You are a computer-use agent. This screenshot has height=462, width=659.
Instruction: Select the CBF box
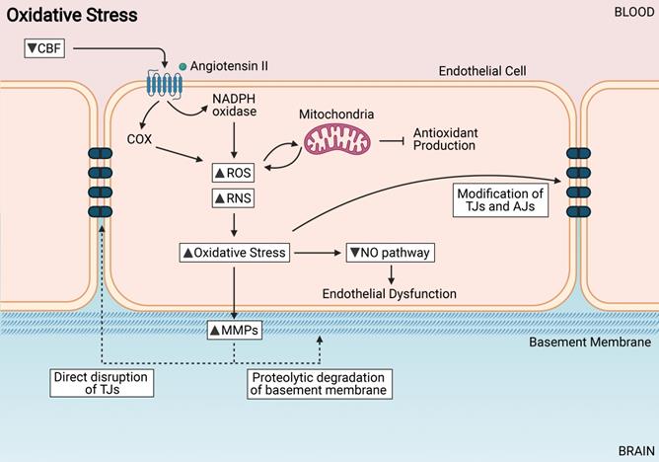[x=45, y=47]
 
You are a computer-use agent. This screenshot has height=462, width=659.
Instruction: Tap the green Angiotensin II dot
[x=183, y=66]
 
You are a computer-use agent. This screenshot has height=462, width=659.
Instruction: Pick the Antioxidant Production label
[x=444, y=138]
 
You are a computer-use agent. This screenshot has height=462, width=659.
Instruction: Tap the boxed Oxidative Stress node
[x=235, y=253]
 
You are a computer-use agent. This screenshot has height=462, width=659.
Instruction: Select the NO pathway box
[x=390, y=253]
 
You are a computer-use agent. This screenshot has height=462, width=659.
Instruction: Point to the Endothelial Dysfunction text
[x=390, y=293]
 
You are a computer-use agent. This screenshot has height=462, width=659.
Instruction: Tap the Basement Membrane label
[x=590, y=343]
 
